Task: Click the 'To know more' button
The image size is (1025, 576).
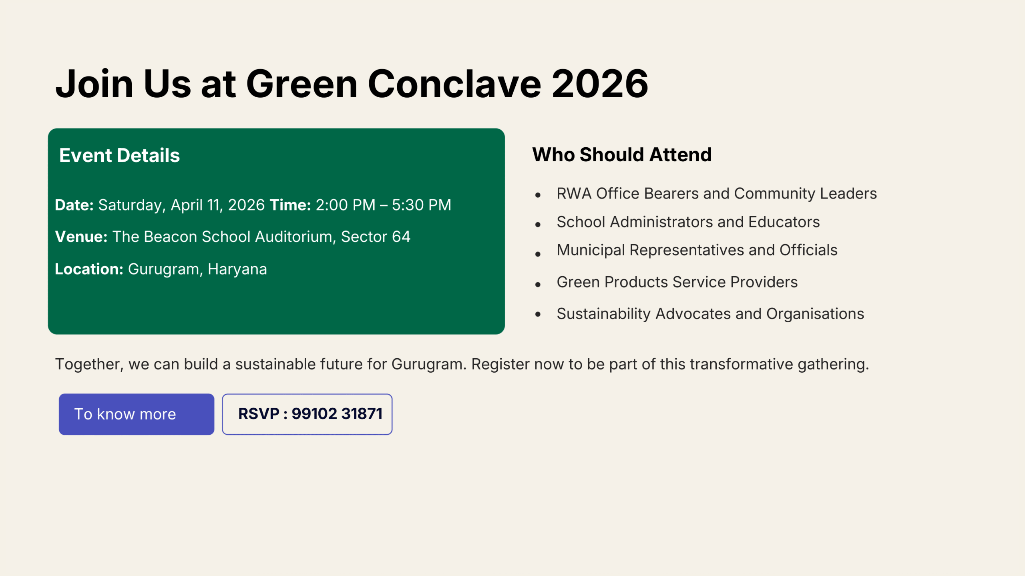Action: [x=137, y=414]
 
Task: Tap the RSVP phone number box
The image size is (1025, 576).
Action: [x=307, y=414]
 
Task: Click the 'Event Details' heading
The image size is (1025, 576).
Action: [x=119, y=155]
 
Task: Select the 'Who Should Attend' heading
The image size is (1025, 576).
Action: [x=622, y=155]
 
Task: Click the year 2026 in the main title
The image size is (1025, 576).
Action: [x=600, y=84]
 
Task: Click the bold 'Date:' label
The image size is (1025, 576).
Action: [x=74, y=205]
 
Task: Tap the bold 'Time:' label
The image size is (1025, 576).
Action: [x=290, y=205]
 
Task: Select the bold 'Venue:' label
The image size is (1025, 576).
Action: [x=81, y=237]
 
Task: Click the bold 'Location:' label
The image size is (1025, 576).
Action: [x=89, y=269]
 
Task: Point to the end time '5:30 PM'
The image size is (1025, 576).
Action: [x=421, y=205]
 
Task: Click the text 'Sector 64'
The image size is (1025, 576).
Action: [x=376, y=237]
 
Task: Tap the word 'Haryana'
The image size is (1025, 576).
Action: [x=237, y=269]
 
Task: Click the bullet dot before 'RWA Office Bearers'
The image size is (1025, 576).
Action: [x=538, y=195]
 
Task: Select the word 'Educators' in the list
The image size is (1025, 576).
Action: [x=784, y=222]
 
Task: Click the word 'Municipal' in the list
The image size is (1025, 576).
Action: [x=591, y=250]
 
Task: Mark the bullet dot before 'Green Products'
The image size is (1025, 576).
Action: [x=538, y=285]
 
